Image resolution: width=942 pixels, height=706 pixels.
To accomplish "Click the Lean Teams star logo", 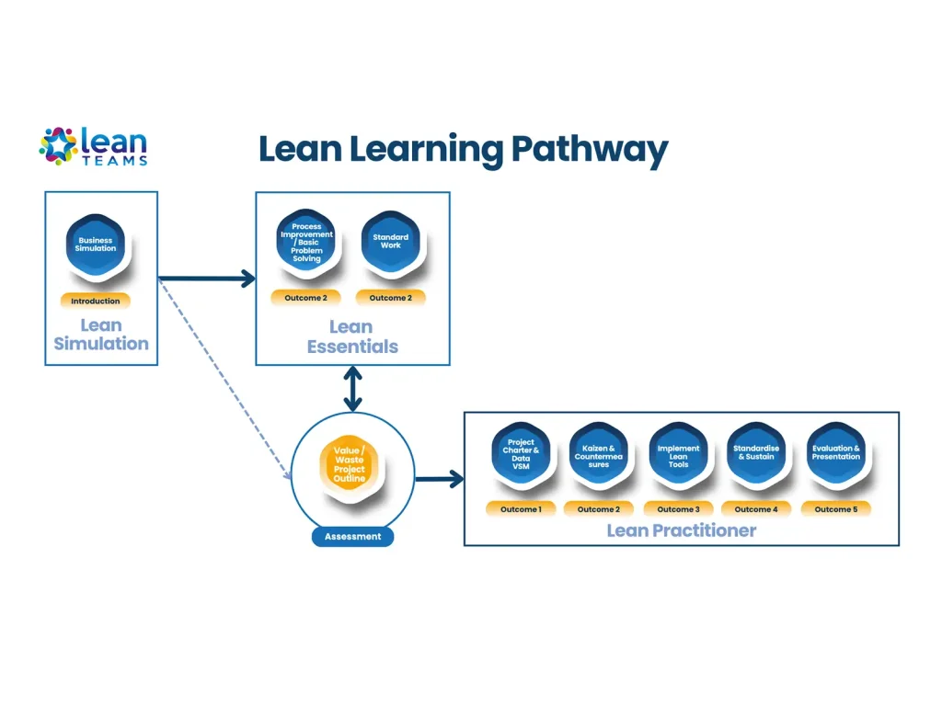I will tap(58, 145).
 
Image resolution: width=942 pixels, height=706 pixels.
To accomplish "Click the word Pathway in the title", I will tap(589, 150).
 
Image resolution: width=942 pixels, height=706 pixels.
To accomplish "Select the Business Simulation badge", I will tap(97, 245).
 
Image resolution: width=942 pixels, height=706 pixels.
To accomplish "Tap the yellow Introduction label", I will tap(96, 301).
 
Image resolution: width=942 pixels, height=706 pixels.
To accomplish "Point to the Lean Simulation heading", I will tap(101, 335).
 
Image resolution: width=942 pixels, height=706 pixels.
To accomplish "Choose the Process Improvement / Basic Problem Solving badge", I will tap(306, 242).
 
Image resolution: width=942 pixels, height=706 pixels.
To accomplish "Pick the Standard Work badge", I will tap(390, 242).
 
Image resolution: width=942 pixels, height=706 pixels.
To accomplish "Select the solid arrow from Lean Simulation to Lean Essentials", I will tap(207, 278).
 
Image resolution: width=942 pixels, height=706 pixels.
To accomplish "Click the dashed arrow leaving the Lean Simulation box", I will tap(225, 378).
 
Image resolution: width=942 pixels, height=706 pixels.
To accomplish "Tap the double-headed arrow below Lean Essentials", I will tap(351, 388).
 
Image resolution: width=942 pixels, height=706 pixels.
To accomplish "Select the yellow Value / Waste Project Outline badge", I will tap(350, 464).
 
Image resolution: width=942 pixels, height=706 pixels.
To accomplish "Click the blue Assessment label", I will tap(352, 537).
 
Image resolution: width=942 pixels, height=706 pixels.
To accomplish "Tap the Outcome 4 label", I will tap(756, 509).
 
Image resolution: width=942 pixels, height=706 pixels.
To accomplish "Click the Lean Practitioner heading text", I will tap(681, 530).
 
